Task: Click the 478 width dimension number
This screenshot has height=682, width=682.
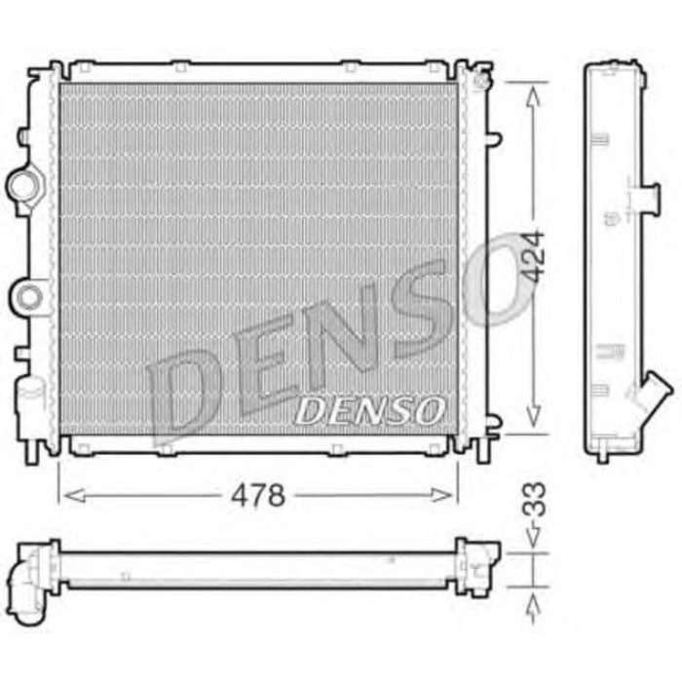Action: pyautogui.click(x=257, y=496)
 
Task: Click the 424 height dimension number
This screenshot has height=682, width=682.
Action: pyautogui.click(x=532, y=257)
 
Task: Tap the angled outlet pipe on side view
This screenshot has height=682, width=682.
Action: pyautogui.click(x=653, y=399)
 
